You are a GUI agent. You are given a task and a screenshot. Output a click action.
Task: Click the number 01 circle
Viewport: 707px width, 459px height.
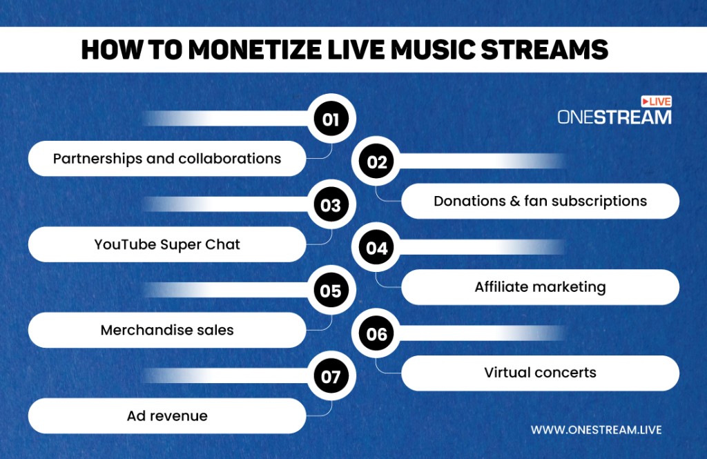click(331, 119)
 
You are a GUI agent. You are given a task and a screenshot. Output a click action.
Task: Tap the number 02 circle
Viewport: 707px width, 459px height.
click(377, 162)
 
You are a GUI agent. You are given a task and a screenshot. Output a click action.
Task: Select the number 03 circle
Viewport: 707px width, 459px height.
click(331, 205)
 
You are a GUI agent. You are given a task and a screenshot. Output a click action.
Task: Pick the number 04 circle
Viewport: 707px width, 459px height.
click(377, 248)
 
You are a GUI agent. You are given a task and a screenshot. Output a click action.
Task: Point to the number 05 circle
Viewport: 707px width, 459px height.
click(331, 291)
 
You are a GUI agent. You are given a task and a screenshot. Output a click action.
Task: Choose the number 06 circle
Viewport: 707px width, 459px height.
click(377, 334)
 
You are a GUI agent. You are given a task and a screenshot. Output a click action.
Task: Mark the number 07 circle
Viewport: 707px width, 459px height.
click(331, 377)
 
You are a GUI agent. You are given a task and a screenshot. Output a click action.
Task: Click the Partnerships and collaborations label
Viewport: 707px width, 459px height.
click(167, 159)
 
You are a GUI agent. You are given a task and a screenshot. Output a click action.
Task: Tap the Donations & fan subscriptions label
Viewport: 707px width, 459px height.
click(540, 201)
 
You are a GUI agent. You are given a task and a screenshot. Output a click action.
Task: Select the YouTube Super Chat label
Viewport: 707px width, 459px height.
click(167, 244)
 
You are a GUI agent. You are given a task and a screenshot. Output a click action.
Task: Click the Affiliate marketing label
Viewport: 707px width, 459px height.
click(540, 287)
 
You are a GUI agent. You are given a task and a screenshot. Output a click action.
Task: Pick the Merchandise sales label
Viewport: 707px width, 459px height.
click(167, 330)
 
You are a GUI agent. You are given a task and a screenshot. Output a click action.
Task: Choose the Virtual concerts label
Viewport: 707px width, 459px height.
click(540, 373)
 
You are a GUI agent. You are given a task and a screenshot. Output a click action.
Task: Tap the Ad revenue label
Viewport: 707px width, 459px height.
click(167, 416)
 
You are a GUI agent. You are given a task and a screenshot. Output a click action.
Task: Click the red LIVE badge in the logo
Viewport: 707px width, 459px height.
click(656, 101)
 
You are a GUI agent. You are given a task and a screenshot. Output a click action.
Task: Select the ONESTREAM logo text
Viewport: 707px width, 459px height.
click(614, 117)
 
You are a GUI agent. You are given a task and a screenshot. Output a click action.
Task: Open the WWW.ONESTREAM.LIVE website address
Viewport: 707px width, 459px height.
click(596, 430)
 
